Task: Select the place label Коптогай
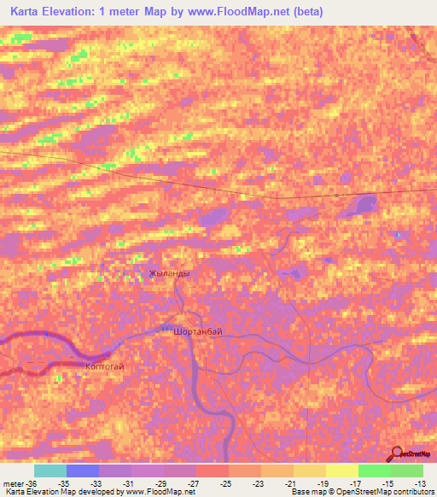click(x=106, y=365)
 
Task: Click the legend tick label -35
click(x=63, y=482)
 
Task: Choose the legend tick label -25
click(x=226, y=482)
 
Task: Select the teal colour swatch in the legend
click(x=50, y=471)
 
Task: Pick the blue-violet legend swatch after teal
click(x=82, y=471)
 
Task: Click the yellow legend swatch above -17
click(x=341, y=471)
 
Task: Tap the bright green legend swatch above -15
click(x=374, y=471)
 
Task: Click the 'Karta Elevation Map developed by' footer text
click(x=60, y=492)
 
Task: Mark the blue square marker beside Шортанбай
click(x=165, y=326)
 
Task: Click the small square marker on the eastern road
click(x=337, y=196)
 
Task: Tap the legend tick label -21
click(x=291, y=482)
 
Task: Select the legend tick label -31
click(x=128, y=482)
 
